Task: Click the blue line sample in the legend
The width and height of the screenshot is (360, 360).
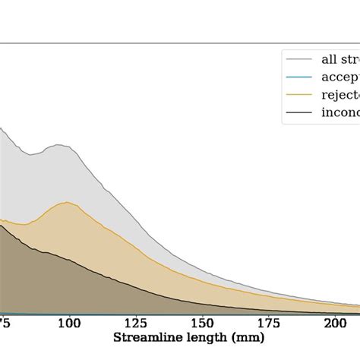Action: pyautogui.click(x=298, y=77)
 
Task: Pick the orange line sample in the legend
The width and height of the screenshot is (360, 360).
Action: pyautogui.click(x=298, y=96)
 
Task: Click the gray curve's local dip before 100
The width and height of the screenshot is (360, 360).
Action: pyautogui.click(x=30, y=155)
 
